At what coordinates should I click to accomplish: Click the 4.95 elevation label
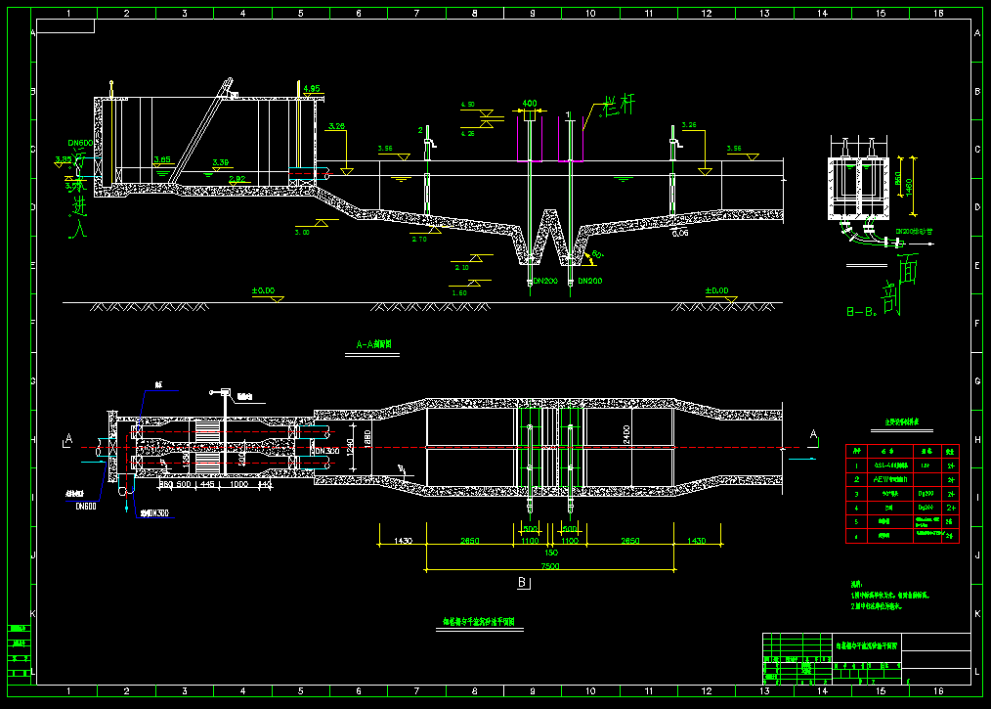coord(312,89)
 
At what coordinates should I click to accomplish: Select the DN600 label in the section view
coord(80,143)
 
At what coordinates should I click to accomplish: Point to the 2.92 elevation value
coord(237,179)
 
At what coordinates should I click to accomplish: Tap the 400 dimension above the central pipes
coord(530,103)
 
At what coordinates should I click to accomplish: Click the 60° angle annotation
coord(598,254)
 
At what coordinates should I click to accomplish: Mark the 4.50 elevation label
coord(468,105)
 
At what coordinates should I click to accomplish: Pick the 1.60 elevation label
coord(458,292)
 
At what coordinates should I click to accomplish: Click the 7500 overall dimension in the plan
coord(550,565)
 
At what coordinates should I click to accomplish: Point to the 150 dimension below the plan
coord(550,553)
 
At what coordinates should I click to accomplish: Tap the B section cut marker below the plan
coord(522,584)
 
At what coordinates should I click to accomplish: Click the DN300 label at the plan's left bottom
coord(153,512)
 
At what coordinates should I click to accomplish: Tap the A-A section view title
coord(373,344)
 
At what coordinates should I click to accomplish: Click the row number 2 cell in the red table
coord(857,479)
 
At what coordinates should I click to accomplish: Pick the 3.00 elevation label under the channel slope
coord(302,232)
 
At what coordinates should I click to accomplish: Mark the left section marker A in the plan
coord(67,437)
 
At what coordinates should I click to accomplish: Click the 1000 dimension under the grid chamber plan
coord(238,484)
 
